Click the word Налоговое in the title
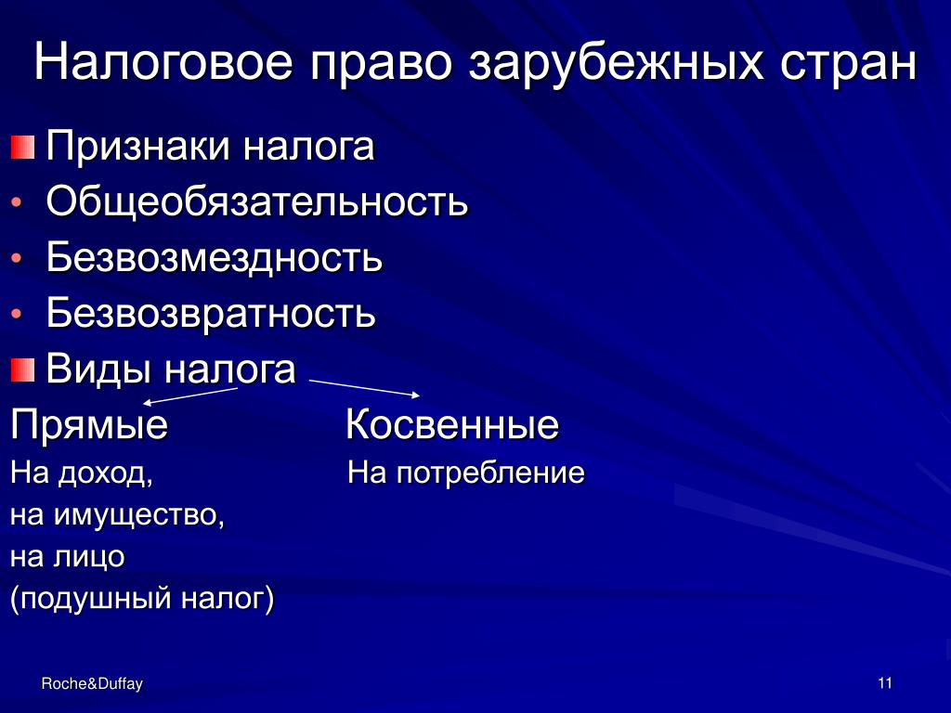tap(163, 61)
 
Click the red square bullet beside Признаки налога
tap(22, 148)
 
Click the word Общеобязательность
tap(257, 201)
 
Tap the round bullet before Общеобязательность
tap(17, 202)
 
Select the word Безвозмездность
tap(215, 256)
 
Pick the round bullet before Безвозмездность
tap(17, 258)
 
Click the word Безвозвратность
tap(211, 314)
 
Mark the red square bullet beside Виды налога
tap(22, 369)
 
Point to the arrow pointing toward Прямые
tap(189, 395)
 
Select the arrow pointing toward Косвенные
tap(364, 388)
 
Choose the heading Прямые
tap(89, 425)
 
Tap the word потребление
tap(490, 473)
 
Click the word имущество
tap(139, 515)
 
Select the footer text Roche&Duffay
tap(92, 684)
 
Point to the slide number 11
tap(885, 683)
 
